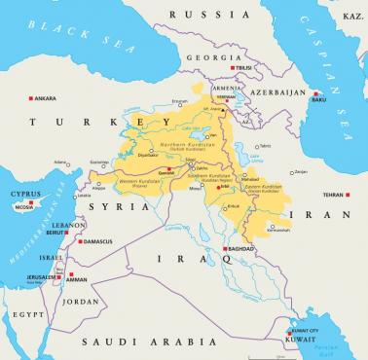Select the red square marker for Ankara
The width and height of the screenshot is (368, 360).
pos(32,98)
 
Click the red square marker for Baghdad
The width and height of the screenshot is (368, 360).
pos(226,249)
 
